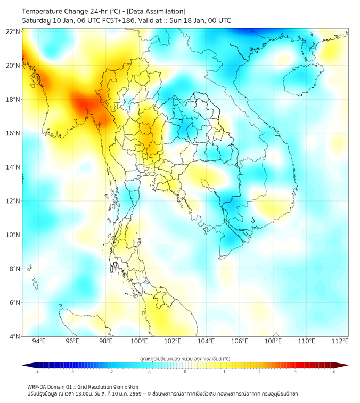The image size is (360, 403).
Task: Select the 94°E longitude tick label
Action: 39,341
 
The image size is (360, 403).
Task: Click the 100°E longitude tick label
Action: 139,341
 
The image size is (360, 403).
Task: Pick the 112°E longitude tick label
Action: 340,341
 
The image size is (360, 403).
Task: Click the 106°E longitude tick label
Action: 240,341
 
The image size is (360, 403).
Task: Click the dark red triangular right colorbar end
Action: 343,365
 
